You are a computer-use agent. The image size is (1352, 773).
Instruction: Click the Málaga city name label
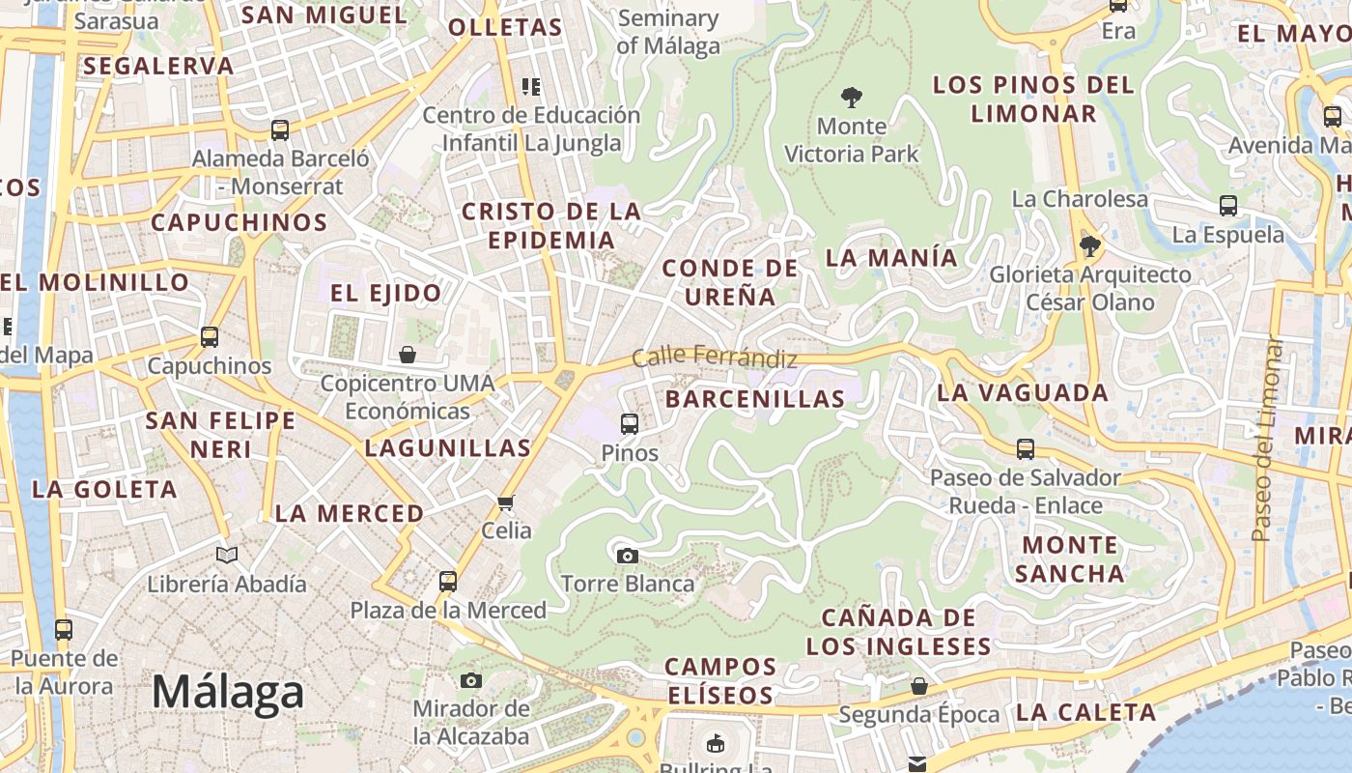pos(228,692)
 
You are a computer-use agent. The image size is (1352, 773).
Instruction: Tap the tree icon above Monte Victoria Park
pos(851,97)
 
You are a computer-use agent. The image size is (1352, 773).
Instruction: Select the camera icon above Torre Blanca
pos(628,556)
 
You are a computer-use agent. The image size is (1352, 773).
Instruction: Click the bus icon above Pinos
pos(630,423)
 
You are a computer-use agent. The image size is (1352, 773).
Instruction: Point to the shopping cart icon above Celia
pos(505,502)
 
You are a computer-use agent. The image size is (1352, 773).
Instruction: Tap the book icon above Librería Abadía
pos(227,556)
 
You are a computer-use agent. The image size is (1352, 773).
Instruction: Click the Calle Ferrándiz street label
pos(715,358)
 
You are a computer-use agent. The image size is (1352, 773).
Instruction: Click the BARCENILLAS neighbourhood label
pos(755,398)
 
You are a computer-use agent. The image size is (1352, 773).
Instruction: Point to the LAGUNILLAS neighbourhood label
pos(448,447)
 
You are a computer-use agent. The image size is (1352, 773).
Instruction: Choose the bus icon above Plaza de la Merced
pos(448,581)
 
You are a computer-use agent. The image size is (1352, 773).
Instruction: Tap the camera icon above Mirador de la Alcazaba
pos(471,680)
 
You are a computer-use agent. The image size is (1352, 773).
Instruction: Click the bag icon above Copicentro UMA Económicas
pos(408,355)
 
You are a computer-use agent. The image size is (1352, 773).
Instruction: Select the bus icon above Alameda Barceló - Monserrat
pos(280,129)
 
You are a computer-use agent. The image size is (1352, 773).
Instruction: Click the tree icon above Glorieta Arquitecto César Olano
pos(1090,245)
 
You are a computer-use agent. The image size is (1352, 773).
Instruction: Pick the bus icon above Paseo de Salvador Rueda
pos(1026,448)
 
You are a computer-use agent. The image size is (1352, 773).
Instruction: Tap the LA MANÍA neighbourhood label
pos(891,258)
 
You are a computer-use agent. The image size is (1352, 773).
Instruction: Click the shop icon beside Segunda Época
pos(919,686)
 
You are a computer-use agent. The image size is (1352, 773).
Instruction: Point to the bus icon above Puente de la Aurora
pos(64,630)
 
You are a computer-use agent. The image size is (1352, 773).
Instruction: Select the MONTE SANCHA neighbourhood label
pos(1070,558)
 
